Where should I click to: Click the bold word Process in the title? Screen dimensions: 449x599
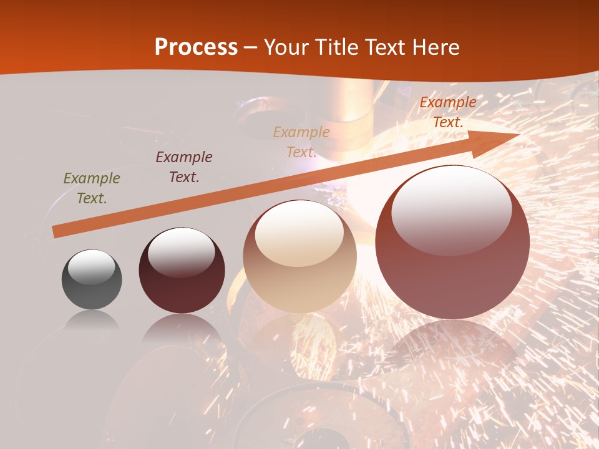pos(196,47)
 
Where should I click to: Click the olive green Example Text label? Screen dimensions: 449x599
pos(92,188)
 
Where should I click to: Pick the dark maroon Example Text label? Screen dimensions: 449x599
pos(184,167)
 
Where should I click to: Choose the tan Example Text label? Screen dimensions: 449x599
pos(301,142)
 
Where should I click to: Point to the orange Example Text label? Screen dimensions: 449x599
pos(447,112)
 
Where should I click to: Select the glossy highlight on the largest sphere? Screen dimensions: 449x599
pos(452,210)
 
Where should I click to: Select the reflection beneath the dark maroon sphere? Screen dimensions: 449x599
pos(182,327)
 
